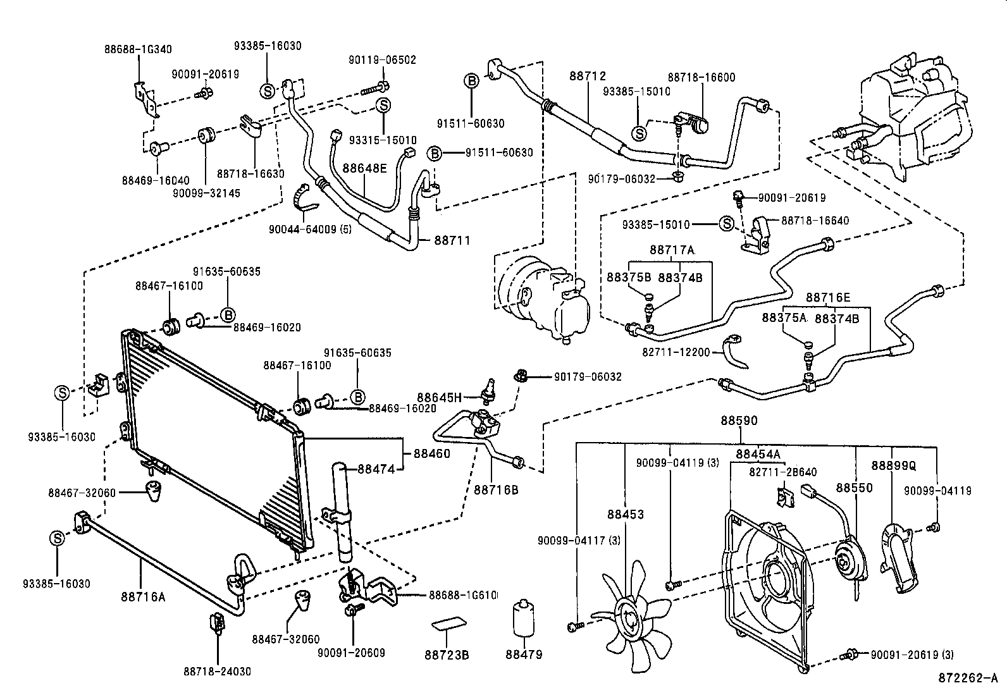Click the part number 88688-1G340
[138, 49]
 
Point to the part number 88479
[524, 655]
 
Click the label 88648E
[364, 168]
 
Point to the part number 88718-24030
[218, 671]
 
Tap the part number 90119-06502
[382, 60]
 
